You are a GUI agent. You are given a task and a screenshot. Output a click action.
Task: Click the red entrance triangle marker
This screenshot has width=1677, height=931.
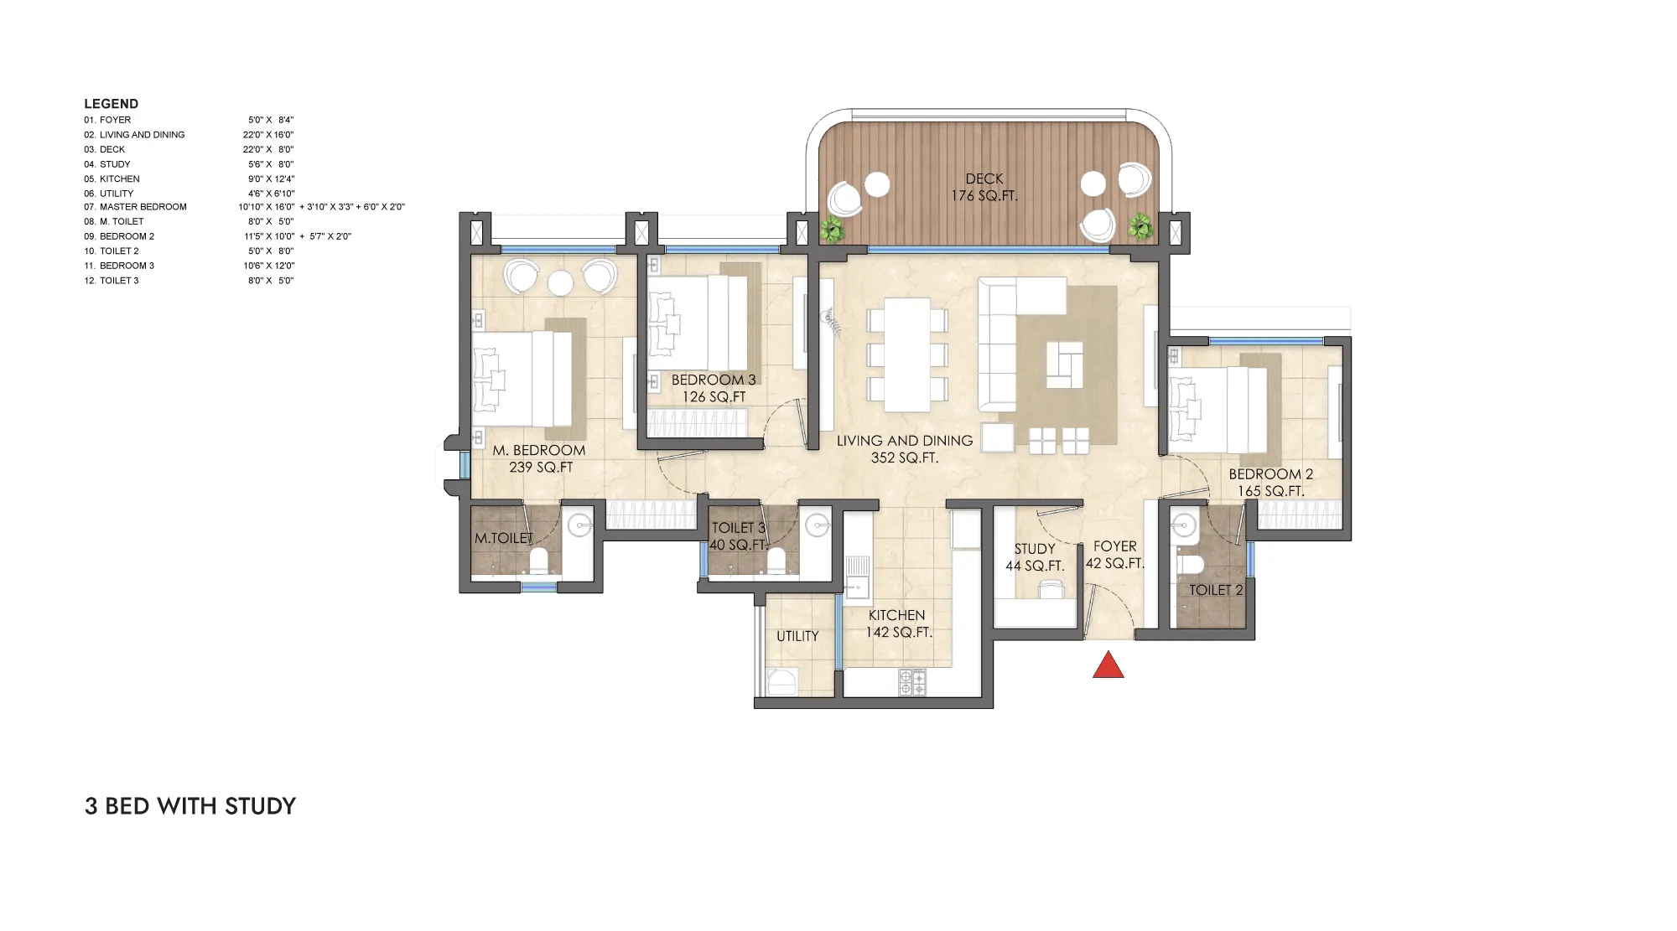[x=1108, y=665]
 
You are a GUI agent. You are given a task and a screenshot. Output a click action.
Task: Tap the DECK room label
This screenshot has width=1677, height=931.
[x=984, y=178]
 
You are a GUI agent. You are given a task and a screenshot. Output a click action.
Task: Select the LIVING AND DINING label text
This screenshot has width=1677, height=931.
[x=905, y=441]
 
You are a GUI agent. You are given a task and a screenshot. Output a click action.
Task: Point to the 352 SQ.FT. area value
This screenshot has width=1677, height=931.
[x=905, y=458]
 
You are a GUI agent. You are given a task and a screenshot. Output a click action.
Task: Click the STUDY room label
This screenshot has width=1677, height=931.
[x=1035, y=549]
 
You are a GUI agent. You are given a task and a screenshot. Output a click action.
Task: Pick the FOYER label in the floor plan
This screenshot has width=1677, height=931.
[x=1115, y=546]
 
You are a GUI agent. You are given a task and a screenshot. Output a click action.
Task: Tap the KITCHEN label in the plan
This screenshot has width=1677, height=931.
[x=896, y=615]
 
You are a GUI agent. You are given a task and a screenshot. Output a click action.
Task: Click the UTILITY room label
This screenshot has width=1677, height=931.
[x=797, y=636]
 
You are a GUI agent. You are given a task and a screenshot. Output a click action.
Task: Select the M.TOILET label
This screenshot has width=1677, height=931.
[x=504, y=538]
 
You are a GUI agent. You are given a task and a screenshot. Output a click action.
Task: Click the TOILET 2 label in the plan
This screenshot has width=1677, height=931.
[x=1216, y=590]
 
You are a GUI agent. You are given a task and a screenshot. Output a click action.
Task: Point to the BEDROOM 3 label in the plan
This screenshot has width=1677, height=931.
[x=714, y=380]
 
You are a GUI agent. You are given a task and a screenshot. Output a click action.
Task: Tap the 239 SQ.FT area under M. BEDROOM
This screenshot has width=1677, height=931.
[x=541, y=468]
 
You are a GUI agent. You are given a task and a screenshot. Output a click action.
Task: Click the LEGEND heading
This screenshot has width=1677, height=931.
[x=112, y=104]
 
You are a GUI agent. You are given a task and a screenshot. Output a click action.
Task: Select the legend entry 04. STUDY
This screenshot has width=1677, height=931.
[x=106, y=164]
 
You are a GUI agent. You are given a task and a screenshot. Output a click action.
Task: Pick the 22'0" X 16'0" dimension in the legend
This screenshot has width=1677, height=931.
[x=268, y=135]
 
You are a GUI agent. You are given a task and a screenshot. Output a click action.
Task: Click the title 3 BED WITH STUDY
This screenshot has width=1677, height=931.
[x=190, y=806]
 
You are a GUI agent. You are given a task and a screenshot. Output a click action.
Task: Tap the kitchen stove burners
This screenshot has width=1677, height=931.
[x=912, y=682]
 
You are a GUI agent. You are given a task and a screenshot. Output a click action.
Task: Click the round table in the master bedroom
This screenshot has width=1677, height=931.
[x=560, y=283]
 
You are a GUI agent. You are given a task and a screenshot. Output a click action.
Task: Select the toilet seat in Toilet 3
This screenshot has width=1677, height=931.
[x=776, y=560]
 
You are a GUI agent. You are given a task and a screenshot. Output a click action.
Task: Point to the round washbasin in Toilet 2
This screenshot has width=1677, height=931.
[x=1184, y=525]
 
